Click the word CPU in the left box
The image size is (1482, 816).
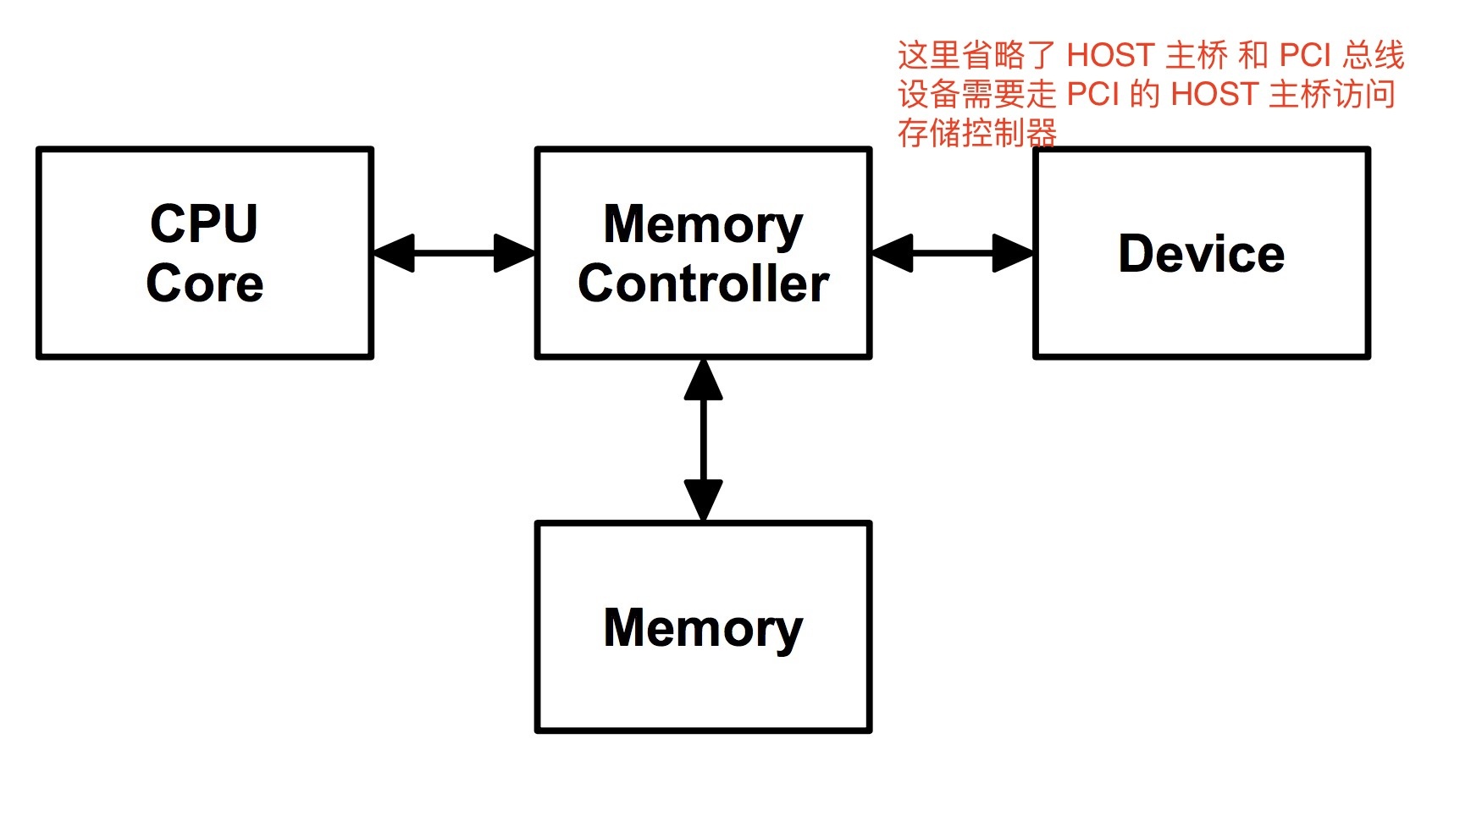[x=204, y=223]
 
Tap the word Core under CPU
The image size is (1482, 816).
[x=204, y=284]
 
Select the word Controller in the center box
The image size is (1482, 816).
[x=703, y=284]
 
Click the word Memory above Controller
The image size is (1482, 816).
[x=703, y=225]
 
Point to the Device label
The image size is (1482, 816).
[x=1201, y=254]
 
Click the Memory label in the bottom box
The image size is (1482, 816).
[x=703, y=628]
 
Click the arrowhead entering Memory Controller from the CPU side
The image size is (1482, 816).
[x=514, y=253]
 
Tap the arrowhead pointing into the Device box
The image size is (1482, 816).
[x=1013, y=253]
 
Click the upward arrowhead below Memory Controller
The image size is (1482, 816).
[x=703, y=380]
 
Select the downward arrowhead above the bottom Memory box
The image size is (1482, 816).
[x=703, y=499]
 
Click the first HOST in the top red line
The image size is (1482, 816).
[x=1110, y=56]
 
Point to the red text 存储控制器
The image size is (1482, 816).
[x=977, y=134]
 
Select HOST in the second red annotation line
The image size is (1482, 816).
[x=1214, y=95]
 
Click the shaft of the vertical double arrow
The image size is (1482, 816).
[x=703, y=440]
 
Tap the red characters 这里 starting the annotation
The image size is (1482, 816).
[x=929, y=56]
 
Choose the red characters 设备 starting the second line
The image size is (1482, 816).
[x=929, y=95]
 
